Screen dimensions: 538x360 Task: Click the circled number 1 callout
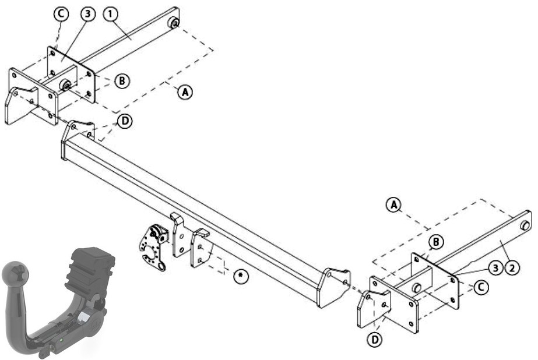coord(111,14)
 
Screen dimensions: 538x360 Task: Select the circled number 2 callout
coord(512,268)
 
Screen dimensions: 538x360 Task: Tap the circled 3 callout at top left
coord(88,14)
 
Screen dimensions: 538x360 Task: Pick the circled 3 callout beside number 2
coord(495,268)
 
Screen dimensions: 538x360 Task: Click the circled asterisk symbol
coord(241,276)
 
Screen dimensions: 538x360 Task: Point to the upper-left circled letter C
coord(61,14)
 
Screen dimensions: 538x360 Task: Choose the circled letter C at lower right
coord(481,287)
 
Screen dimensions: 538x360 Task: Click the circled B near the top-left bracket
coord(122,81)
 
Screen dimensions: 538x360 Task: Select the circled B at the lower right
coord(436,242)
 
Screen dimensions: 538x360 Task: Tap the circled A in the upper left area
coord(185,92)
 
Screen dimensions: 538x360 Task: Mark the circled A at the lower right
coord(393,204)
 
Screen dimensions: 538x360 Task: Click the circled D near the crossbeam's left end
coord(125,121)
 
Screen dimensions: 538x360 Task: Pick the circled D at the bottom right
coord(374,340)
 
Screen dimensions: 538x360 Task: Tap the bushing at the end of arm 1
coord(173,24)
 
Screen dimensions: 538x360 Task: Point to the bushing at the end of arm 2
coord(525,225)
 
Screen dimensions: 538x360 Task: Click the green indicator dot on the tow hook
coord(61,340)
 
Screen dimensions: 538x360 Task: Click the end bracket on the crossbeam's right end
coord(333,287)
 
